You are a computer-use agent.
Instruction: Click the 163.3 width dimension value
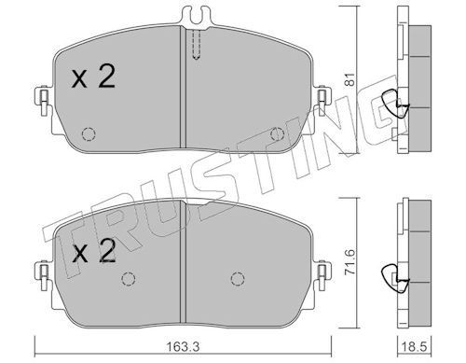click(184, 346)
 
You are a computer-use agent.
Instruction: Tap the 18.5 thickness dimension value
click(416, 346)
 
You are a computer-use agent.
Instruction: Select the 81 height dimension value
click(350, 79)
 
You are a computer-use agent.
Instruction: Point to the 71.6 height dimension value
click(350, 261)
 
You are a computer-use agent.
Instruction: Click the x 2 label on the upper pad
click(93, 77)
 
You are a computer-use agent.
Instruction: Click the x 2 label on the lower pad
click(93, 251)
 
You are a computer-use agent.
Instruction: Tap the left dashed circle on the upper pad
click(89, 134)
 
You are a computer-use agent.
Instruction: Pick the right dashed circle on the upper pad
click(277, 134)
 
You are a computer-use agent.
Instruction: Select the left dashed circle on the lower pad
click(128, 279)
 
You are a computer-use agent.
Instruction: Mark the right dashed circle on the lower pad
click(238, 279)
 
